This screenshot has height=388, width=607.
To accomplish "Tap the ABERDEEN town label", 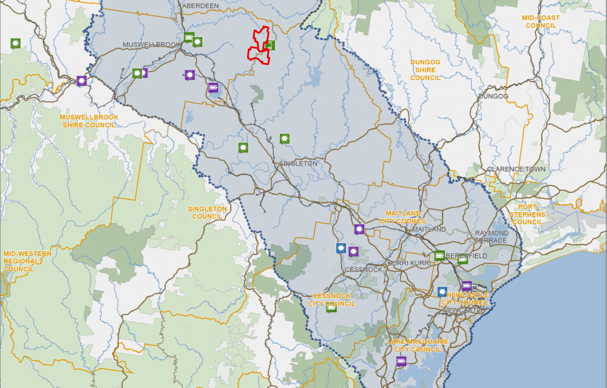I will [200, 5].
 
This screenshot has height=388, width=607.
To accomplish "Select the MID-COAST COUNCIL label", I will [541, 22].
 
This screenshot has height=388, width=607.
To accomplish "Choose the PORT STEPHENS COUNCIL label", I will [527, 215].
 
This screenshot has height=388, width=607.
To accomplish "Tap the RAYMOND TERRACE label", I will [492, 236].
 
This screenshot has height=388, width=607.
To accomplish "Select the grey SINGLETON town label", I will [298, 164].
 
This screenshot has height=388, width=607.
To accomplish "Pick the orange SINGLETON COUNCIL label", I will [207, 213].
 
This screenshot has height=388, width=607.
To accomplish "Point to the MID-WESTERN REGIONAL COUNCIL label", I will [20, 261].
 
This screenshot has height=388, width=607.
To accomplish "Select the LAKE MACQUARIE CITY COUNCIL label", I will [417, 346].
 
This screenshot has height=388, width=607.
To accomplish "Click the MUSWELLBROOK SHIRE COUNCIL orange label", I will [89, 121].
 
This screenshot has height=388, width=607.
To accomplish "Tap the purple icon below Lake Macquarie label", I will [401, 361].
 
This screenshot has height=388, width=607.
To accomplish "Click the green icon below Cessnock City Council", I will [331, 307].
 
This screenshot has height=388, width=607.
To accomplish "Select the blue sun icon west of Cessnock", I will [341, 248].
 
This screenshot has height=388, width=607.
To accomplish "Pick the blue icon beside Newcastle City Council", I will [443, 292].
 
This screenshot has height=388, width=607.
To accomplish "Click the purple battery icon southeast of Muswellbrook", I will [213, 87].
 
